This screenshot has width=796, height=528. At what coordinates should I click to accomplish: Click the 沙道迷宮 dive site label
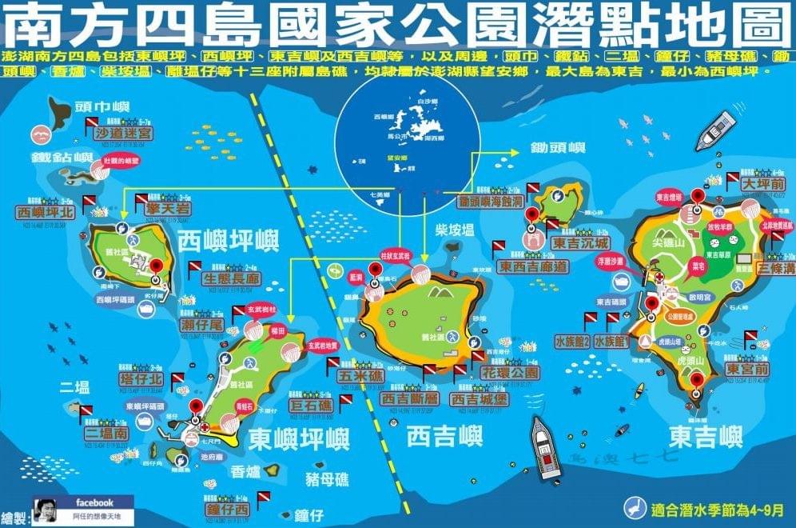123,132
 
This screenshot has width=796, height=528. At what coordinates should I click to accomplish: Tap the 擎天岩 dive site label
165,209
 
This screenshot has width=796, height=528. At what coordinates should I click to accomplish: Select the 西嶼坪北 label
45,213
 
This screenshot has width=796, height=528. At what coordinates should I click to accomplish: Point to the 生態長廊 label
232,278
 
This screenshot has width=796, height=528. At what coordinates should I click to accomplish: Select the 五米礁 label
360,374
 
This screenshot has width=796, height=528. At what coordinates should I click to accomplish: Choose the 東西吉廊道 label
533,266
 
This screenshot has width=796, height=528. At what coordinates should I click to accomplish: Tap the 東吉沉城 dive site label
579,242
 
